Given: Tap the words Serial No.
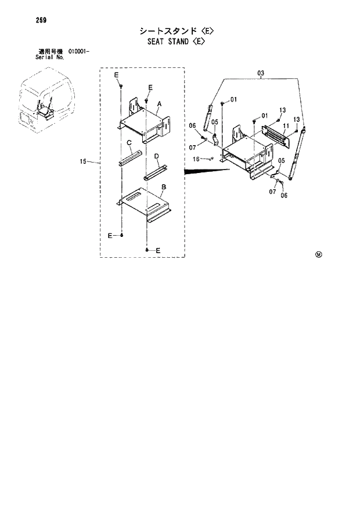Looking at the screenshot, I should (x=49, y=57).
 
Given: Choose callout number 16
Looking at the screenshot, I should (x=196, y=158).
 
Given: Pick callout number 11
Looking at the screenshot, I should (x=286, y=125).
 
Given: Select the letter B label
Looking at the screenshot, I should (x=164, y=187).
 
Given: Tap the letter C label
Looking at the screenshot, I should (x=129, y=142).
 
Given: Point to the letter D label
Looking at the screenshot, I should (x=157, y=156).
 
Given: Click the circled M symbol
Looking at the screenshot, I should (x=318, y=254).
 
